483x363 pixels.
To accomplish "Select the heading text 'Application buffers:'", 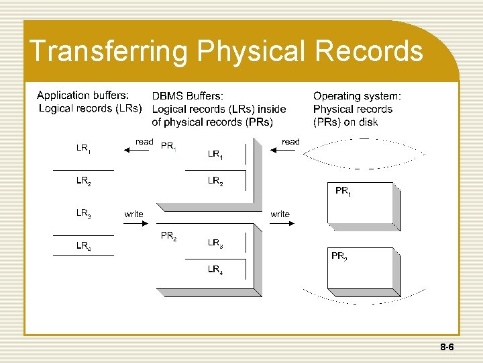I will (83, 95).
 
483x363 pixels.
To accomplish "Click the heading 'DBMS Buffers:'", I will (188, 96).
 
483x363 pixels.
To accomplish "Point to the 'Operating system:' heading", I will (357, 96).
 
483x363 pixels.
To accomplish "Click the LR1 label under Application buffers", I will (84, 149).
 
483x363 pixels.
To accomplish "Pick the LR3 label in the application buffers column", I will (84, 213).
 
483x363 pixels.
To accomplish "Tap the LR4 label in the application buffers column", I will (84, 246).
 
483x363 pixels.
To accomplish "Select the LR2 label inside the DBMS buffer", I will (215, 181).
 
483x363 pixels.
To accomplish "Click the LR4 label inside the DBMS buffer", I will (215, 270).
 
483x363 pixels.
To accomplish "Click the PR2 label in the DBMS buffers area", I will (168, 236).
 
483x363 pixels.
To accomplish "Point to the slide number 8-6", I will (447, 348).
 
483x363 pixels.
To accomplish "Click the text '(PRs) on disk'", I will (345, 122).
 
